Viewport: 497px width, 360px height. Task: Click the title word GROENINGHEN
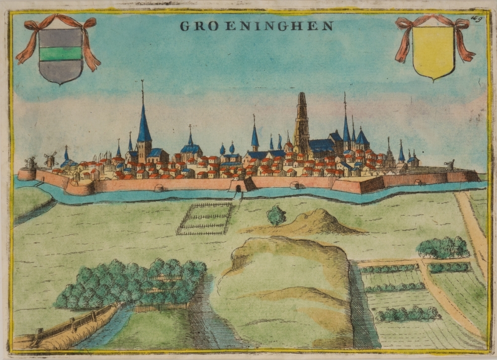click(x=256, y=26)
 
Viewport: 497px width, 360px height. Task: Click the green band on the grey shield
click(x=61, y=53)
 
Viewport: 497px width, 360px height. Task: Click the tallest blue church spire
click(x=144, y=119)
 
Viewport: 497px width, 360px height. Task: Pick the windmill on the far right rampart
click(x=450, y=165)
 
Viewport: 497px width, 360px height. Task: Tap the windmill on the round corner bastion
click(x=30, y=162)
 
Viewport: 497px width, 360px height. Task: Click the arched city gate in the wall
click(x=238, y=188)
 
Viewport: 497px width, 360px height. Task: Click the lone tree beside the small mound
click(x=276, y=216)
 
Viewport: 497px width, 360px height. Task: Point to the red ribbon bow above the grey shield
click(x=59, y=22)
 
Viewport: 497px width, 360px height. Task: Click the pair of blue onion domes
click(x=227, y=148)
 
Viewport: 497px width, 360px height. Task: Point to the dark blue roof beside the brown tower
click(x=322, y=146)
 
